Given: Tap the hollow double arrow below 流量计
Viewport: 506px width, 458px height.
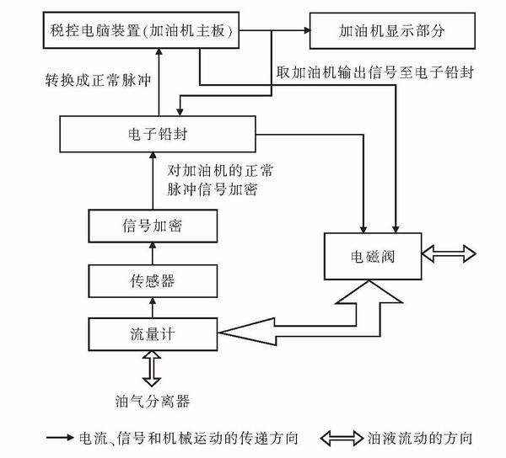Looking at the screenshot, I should coord(153,367).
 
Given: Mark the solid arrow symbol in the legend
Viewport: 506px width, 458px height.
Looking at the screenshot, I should coord(59,439).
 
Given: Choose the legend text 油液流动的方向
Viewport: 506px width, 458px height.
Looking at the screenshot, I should coord(421,439).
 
